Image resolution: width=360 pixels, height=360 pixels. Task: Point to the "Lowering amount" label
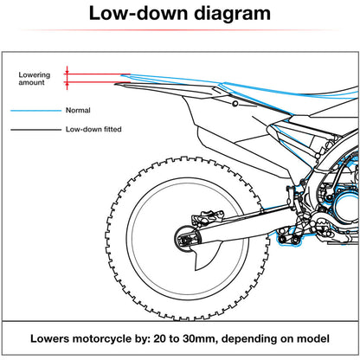click(35, 79)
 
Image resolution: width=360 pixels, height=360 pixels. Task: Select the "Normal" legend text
click(77, 111)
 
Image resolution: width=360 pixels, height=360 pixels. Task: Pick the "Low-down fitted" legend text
click(93, 130)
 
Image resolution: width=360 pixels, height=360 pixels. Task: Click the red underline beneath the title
click(180, 30)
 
